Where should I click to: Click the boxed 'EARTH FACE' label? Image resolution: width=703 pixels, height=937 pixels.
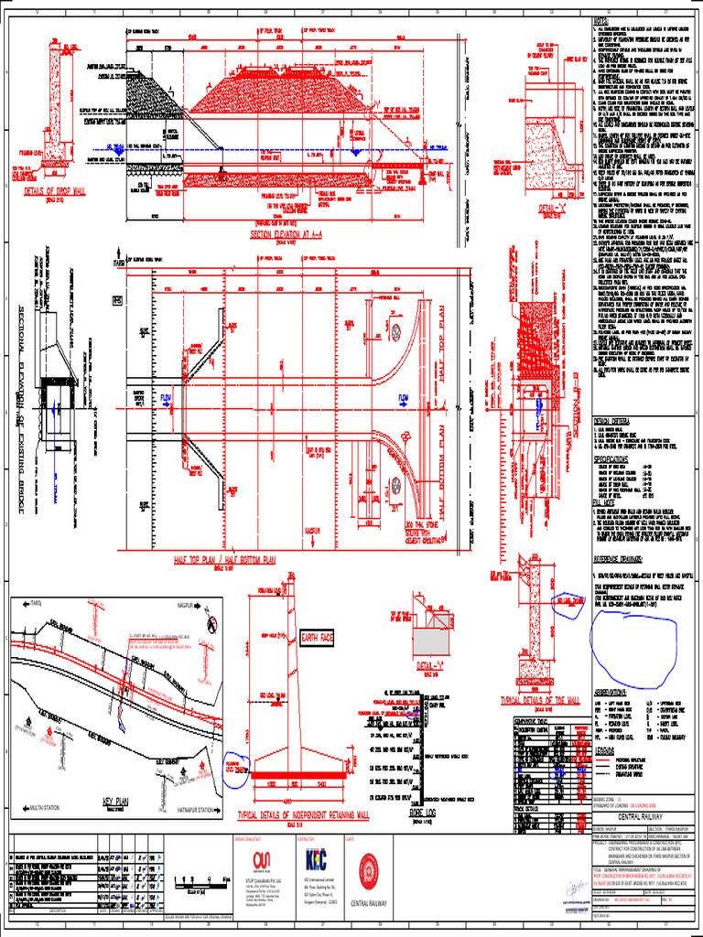coord(318,637)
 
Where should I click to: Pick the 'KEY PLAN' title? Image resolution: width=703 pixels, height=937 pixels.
coord(120,801)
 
